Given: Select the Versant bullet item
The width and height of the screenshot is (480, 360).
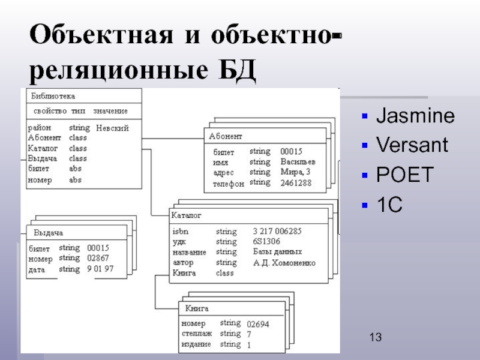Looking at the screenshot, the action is point(412,145).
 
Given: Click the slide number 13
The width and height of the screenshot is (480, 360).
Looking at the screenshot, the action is point(376,338).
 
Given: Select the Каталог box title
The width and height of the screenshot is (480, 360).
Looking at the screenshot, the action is point(187,214).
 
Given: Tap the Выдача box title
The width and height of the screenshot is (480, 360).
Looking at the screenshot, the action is point(48,233).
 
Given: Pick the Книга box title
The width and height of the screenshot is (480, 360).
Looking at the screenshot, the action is point(197,308).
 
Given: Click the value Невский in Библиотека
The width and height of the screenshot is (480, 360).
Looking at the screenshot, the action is point(113,128).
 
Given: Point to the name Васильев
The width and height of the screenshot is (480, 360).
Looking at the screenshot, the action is point(298,162).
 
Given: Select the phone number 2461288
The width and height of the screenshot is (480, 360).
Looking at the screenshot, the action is point(296,183).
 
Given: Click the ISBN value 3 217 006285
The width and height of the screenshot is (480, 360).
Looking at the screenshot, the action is point(277,230).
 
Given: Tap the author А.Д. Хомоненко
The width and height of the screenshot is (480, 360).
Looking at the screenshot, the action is point(284,263).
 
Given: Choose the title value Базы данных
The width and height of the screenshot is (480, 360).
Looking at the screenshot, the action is point(277,252).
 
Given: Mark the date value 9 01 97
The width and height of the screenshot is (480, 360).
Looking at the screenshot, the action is point(100,269).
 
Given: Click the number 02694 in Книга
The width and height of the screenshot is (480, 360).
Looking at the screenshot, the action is point(258,324).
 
